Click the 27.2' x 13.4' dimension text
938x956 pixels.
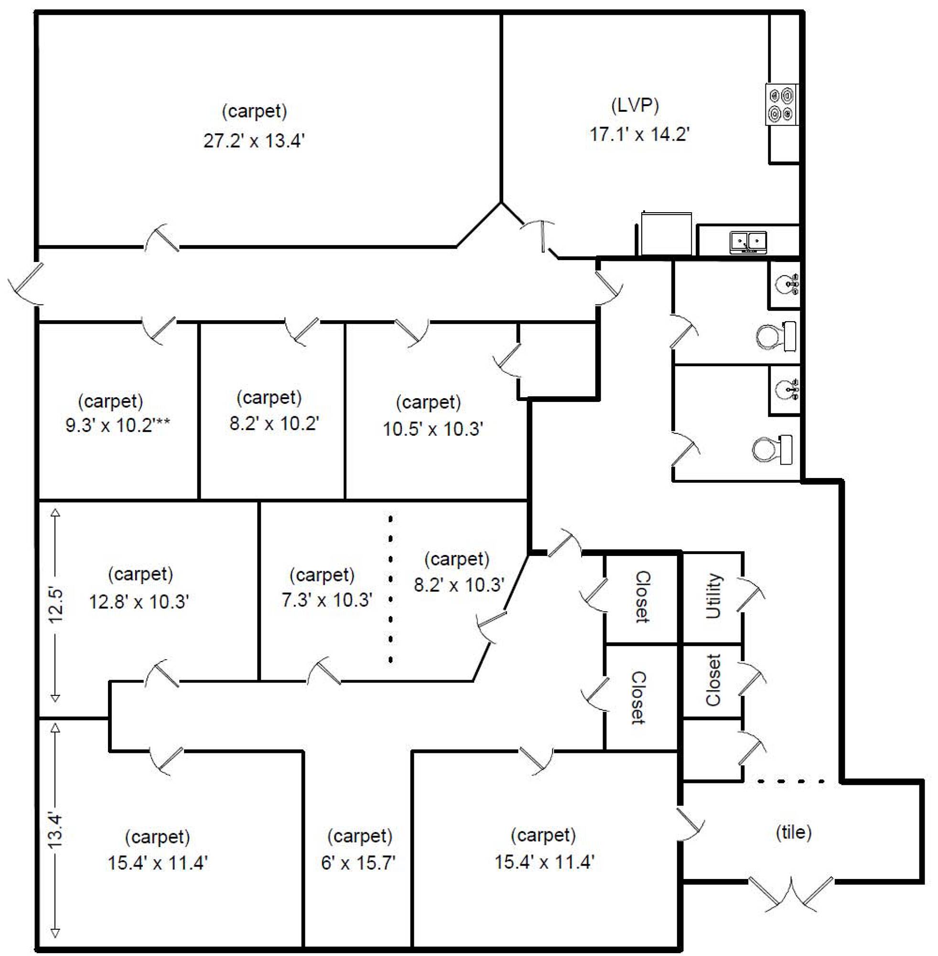pos(254,141)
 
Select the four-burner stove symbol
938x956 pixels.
pos(782,105)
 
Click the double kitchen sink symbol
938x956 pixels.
pos(748,242)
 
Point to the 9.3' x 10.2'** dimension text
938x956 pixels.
pos(118,424)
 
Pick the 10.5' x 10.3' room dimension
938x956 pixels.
pos(433,429)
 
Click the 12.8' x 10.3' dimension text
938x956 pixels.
pos(139,602)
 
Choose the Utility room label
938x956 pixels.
pos(713,596)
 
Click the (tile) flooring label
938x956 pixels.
pos(794,832)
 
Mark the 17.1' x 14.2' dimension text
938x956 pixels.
pos(639,134)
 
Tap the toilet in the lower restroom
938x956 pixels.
pos(772,449)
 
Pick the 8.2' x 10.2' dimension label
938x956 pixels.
pos(274,423)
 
